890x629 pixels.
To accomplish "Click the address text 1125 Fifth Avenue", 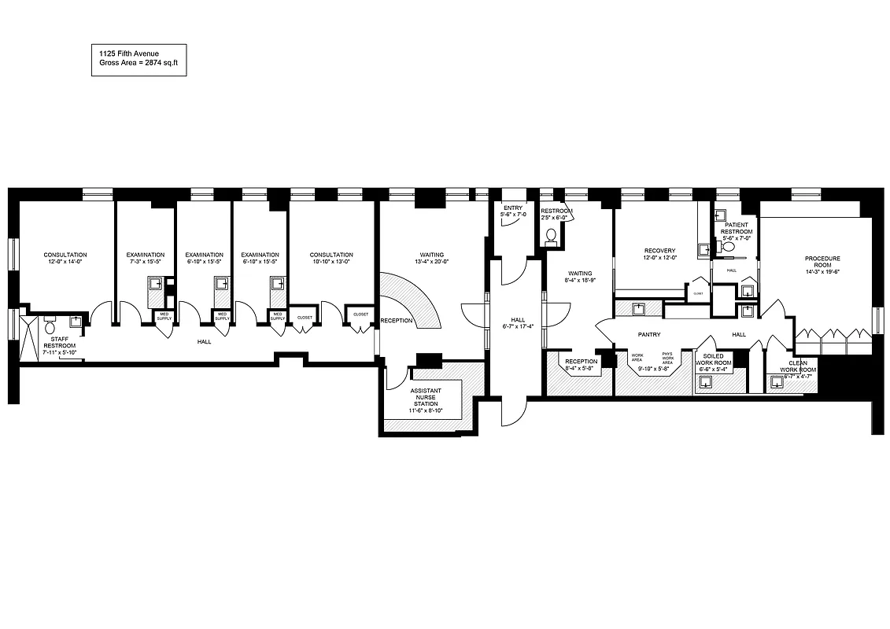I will (124, 53).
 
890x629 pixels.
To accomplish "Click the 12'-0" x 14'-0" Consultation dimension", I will (65, 263).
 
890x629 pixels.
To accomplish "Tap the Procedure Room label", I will (822, 262).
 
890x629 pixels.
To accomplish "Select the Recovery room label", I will (659, 251).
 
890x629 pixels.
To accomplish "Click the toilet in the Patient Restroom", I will (729, 247).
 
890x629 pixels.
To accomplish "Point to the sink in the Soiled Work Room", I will (706, 382).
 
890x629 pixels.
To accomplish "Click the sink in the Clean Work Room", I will (777, 384).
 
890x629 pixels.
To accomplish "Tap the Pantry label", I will (648, 334).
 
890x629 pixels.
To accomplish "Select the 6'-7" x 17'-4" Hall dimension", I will (517, 326).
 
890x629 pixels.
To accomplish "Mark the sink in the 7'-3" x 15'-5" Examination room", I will (157, 285).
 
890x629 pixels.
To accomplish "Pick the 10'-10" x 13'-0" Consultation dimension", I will (331, 263).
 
